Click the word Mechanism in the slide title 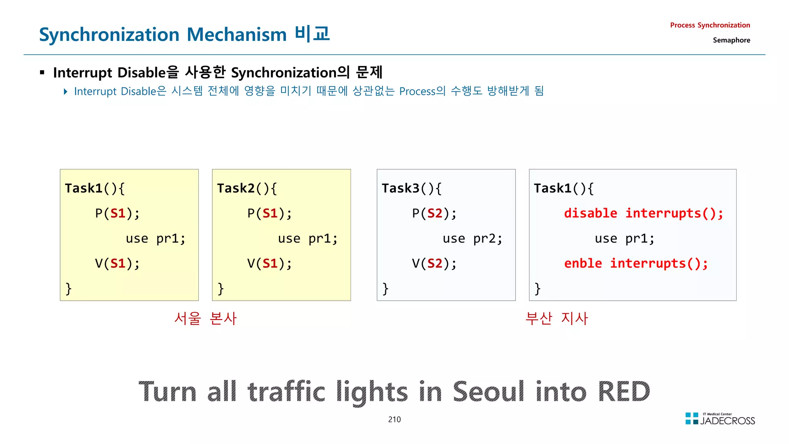pyautogui.click(x=237, y=35)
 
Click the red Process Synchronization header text pyautogui.click(x=710, y=25)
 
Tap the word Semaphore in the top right pyautogui.click(x=731, y=40)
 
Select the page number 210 pyautogui.click(x=394, y=419)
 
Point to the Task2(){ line pyautogui.click(x=247, y=188)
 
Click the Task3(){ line pyautogui.click(x=411, y=188)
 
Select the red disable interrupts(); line pyautogui.click(x=643, y=214)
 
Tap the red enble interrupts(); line pyautogui.click(x=636, y=264)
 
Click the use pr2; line pyautogui.click(x=472, y=239)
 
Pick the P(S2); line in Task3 pyautogui.click(x=434, y=214)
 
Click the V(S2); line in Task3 pyautogui.click(x=434, y=264)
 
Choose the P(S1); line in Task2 pyautogui.click(x=269, y=214)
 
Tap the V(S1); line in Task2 pyautogui.click(x=269, y=264)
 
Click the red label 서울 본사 pyautogui.click(x=205, y=318)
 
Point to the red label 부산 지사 pyautogui.click(x=557, y=318)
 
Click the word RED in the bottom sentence pyautogui.click(x=624, y=392)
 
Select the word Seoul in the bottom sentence pyautogui.click(x=488, y=392)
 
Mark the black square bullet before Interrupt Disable pyautogui.click(x=42, y=72)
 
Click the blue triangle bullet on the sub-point pyautogui.click(x=65, y=91)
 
